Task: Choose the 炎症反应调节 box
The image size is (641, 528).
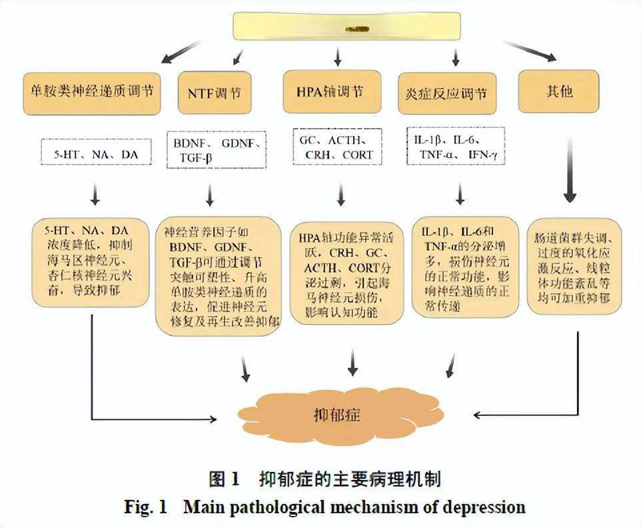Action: (x=450, y=92)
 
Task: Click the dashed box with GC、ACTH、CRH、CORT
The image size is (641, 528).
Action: (x=337, y=147)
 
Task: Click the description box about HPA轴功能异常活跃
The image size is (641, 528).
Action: (x=347, y=273)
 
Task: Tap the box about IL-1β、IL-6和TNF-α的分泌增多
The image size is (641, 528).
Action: (x=464, y=267)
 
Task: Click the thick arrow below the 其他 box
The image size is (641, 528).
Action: (x=570, y=170)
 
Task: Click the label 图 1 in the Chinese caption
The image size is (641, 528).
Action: (x=223, y=479)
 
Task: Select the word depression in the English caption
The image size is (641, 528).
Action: (x=485, y=507)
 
